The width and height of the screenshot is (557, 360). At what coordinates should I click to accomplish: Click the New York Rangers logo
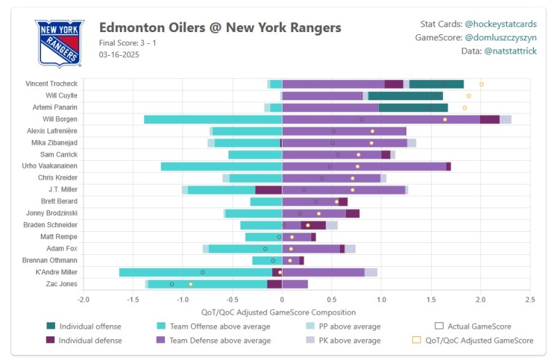[x=59, y=43]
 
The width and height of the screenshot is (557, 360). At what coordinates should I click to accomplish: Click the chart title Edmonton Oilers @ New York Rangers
[x=220, y=28]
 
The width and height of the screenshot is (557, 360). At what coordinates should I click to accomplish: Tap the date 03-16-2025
[x=119, y=54]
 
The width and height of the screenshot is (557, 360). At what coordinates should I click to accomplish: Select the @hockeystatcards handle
[x=500, y=24]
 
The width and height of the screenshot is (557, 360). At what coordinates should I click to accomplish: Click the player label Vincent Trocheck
[x=52, y=84]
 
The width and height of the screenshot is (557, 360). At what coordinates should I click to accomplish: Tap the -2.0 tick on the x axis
[x=83, y=300]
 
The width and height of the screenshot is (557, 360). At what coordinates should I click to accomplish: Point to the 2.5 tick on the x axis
[x=530, y=300]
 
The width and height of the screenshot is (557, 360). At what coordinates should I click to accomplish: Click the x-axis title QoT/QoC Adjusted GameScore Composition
[x=278, y=313]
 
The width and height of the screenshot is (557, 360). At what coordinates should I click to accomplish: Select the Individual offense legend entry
[x=90, y=327]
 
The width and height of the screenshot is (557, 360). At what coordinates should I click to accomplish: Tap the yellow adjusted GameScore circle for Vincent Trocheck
[x=481, y=84]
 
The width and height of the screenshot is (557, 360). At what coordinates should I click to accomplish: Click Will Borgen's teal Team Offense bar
[x=212, y=119]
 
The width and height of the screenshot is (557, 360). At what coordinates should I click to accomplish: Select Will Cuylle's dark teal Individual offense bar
[x=405, y=95]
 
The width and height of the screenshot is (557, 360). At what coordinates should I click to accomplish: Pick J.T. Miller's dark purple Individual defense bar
[x=268, y=189]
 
